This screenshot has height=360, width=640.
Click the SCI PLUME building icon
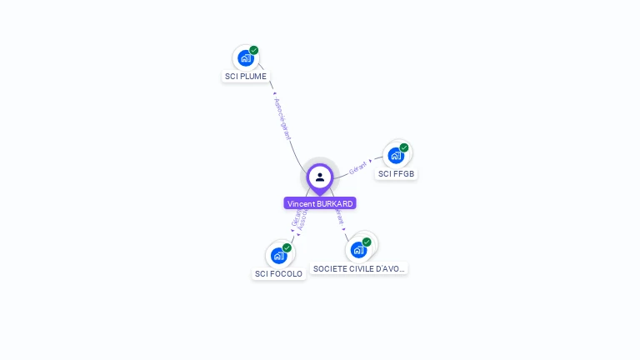245,57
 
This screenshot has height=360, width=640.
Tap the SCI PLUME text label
246,76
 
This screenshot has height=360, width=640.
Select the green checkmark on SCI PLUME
254,50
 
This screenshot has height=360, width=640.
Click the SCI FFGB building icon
396,155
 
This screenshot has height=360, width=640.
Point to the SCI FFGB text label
396,174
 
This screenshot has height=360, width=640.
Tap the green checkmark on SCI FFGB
404,147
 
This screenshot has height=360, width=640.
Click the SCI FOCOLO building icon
278,255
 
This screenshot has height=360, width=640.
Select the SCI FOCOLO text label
278,273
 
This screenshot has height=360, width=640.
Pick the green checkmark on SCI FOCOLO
287,247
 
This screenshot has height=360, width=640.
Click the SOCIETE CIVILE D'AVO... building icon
358,249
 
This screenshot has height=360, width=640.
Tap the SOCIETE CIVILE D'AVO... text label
359,268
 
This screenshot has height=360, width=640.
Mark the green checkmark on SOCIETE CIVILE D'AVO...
367,242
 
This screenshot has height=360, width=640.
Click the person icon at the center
320,177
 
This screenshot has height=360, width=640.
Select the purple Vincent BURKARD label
320,203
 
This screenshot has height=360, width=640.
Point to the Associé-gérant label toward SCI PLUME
282,117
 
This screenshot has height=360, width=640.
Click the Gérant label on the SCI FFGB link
358,166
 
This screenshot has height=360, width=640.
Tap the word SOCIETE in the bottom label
330,268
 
